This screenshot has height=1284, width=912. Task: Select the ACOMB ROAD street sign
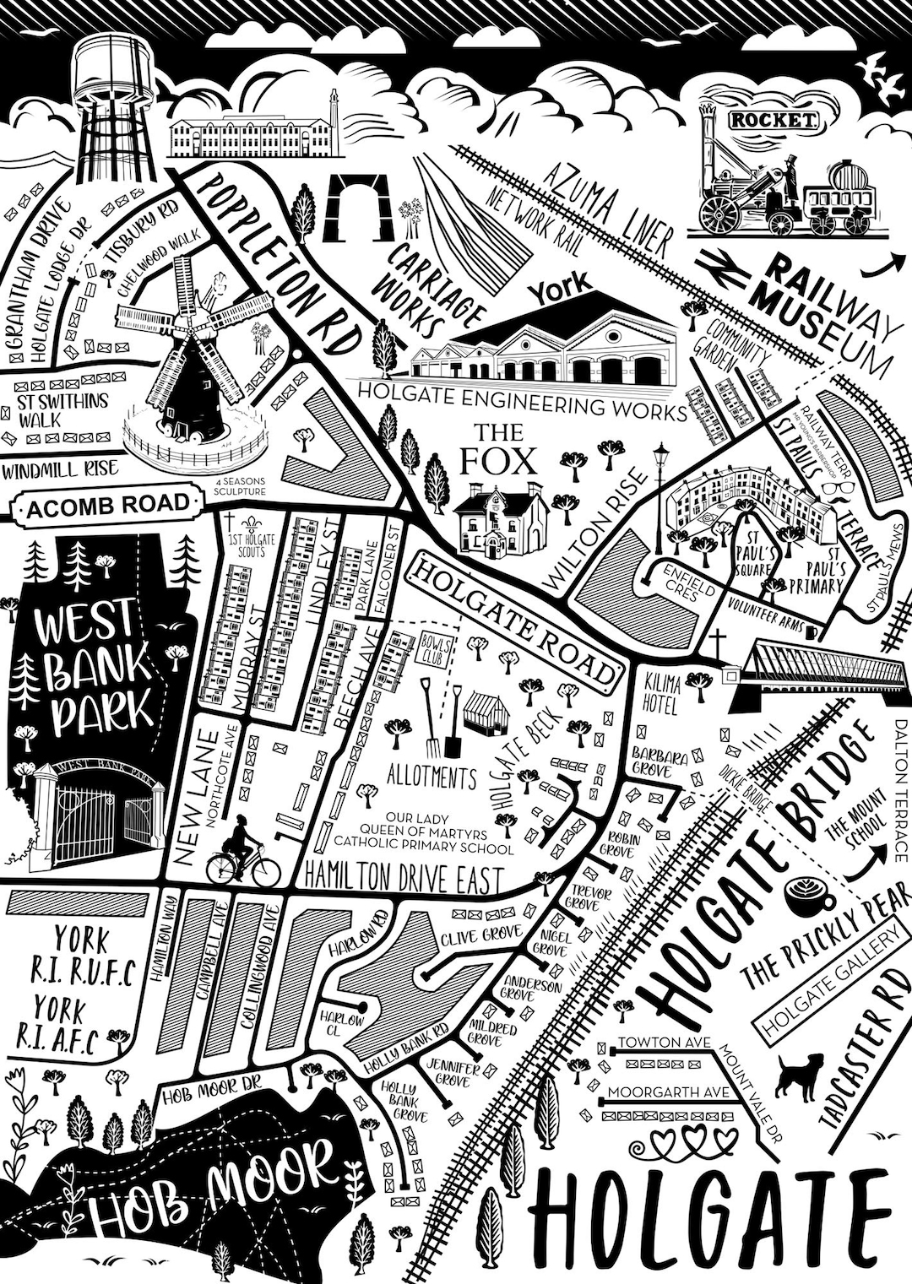(x=107, y=506)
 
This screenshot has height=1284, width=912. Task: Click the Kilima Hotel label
(x=660, y=694)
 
